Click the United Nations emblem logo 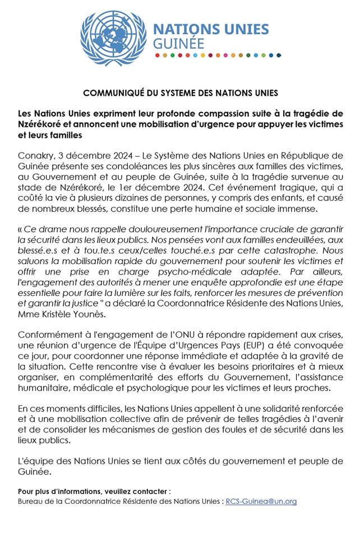(x=113, y=38)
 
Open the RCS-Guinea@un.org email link (x=261, y=501)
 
